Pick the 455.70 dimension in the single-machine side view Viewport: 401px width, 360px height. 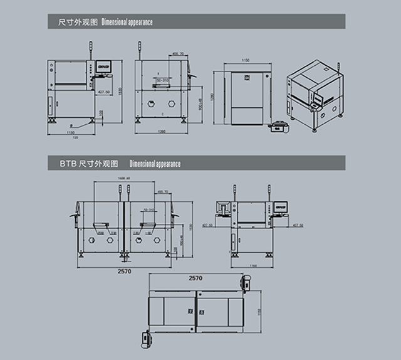click(x=178, y=55)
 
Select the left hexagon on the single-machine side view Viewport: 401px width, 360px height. click(x=149, y=104)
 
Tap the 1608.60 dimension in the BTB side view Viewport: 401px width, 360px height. click(x=123, y=179)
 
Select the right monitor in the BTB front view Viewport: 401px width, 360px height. click(x=280, y=205)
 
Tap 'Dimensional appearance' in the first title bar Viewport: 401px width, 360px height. click(x=128, y=22)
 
